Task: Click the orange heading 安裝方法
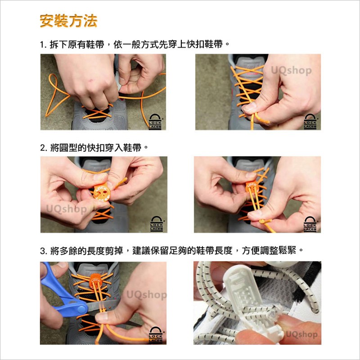[x=68, y=21]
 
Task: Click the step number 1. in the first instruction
[x=43, y=44]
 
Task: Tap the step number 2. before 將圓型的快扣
[x=43, y=148]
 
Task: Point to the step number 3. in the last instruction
[x=43, y=251]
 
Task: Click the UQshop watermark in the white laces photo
[x=301, y=334]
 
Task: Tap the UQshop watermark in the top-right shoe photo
[x=291, y=71]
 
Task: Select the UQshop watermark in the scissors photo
[x=147, y=295]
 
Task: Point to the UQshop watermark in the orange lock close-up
[x=67, y=209]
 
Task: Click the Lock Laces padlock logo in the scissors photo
[x=155, y=335]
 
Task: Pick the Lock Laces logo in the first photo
[x=155, y=121]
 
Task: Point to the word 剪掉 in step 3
[x=114, y=251]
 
